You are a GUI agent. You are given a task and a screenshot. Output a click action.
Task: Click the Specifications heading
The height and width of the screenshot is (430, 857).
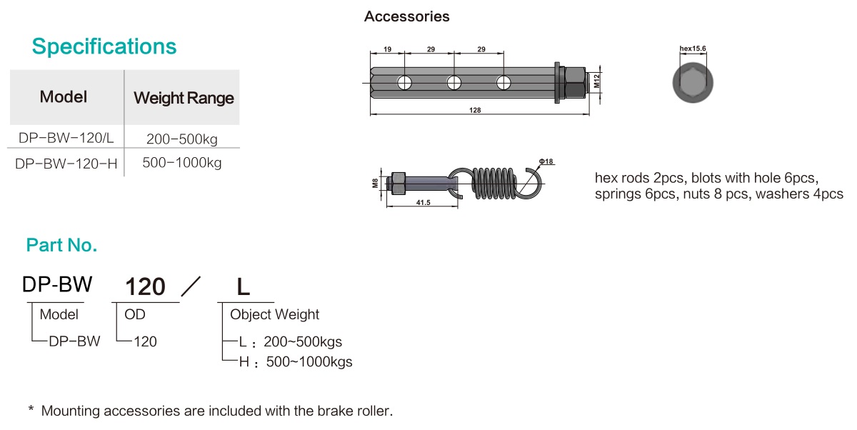click(x=104, y=47)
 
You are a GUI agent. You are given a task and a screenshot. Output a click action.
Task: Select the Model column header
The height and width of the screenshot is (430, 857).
click(x=64, y=97)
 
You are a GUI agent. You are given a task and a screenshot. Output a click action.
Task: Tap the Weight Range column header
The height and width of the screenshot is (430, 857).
click(x=184, y=98)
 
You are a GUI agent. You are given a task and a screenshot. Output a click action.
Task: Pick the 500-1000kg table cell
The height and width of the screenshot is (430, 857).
click(x=182, y=163)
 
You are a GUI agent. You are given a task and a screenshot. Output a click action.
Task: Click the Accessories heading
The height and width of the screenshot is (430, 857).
click(x=407, y=16)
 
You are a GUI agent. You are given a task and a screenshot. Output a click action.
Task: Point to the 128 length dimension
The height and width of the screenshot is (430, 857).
click(x=476, y=110)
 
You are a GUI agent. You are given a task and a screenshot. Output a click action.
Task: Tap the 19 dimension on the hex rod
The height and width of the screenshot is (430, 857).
click(x=387, y=49)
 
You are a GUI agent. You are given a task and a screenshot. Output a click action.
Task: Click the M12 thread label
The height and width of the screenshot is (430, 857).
click(x=597, y=82)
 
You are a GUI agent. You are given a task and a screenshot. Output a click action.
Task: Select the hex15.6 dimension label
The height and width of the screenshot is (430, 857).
click(x=693, y=49)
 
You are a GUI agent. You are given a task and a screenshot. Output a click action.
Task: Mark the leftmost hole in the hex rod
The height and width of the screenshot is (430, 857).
click(x=405, y=82)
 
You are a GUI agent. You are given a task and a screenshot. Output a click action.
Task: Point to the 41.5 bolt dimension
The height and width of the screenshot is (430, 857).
click(x=421, y=203)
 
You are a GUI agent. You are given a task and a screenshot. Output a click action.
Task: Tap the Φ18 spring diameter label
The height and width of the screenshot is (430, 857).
click(x=546, y=162)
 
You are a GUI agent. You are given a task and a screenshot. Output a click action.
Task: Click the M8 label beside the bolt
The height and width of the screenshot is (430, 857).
click(x=376, y=183)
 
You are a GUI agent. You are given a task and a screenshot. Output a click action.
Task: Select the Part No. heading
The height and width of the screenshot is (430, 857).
click(x=61, y=246)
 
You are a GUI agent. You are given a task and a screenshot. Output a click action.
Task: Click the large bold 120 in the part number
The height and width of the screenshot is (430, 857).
click(x=146, y=287)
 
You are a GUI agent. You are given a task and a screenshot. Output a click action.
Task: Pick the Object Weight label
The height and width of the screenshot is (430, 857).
click(x=274, y=314)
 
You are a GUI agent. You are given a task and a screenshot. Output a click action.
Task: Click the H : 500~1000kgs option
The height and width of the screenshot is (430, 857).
click(x=295, y=362)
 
